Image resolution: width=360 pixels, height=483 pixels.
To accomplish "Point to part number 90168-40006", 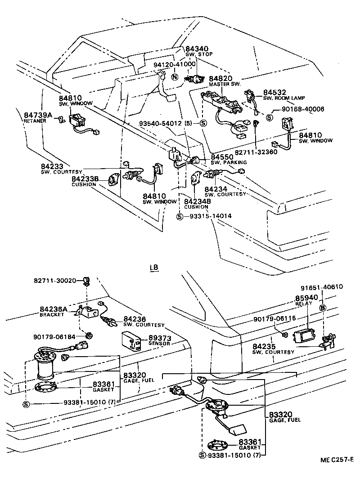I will click(x=302, y=109).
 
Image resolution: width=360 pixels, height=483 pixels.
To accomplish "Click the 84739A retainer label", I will click(x=38, y=115).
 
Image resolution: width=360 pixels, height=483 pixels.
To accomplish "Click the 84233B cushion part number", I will click(x=85, y=179).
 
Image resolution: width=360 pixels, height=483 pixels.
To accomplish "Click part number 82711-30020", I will click(x=55, y=280).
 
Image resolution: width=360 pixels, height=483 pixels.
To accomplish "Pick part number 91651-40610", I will click(x=321, y=287).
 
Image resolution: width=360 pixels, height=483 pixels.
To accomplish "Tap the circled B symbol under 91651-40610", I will click(x=322, y=308).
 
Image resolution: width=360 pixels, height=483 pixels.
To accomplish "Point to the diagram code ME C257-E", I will click(x=337, y=459).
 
